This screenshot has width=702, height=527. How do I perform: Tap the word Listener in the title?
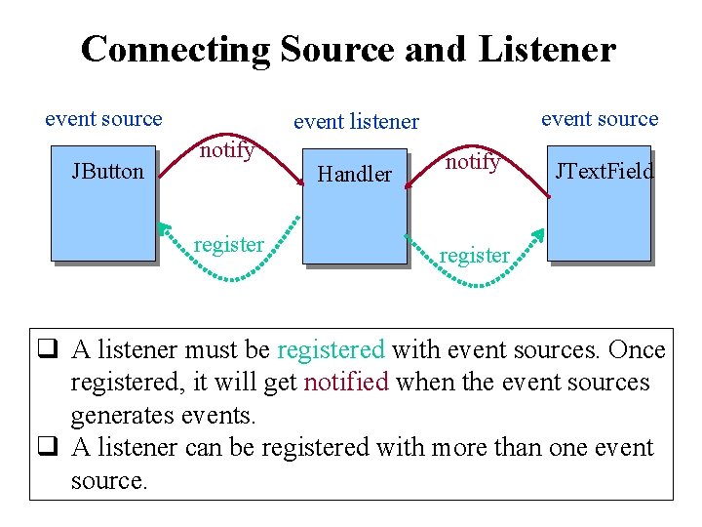point(548,49)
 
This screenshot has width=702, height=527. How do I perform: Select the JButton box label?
point(107,172)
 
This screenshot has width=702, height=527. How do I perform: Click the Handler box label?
point(355,175)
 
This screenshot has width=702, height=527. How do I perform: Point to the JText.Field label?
point(604,172)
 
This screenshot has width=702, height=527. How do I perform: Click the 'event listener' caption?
point(356,122)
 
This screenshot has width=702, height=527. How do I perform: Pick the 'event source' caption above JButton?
point(103,119)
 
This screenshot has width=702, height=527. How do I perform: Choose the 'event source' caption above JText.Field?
point(600,119)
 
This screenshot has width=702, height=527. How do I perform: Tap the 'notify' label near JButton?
point(227,149)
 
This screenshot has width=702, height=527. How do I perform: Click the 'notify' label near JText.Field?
point(473,161)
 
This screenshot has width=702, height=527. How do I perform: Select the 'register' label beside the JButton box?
point(229,244)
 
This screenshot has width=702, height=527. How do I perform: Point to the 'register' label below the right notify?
point(474,256)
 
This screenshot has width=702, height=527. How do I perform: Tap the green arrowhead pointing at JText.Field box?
point(537,235)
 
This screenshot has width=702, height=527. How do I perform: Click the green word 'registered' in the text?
point(331,350)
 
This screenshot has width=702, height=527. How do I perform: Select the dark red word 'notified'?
point(345,382)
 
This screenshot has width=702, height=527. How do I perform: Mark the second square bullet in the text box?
point(46,448)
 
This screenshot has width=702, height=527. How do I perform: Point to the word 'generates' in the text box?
point(122,415)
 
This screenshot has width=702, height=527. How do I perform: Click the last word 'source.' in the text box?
point(109,480)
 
